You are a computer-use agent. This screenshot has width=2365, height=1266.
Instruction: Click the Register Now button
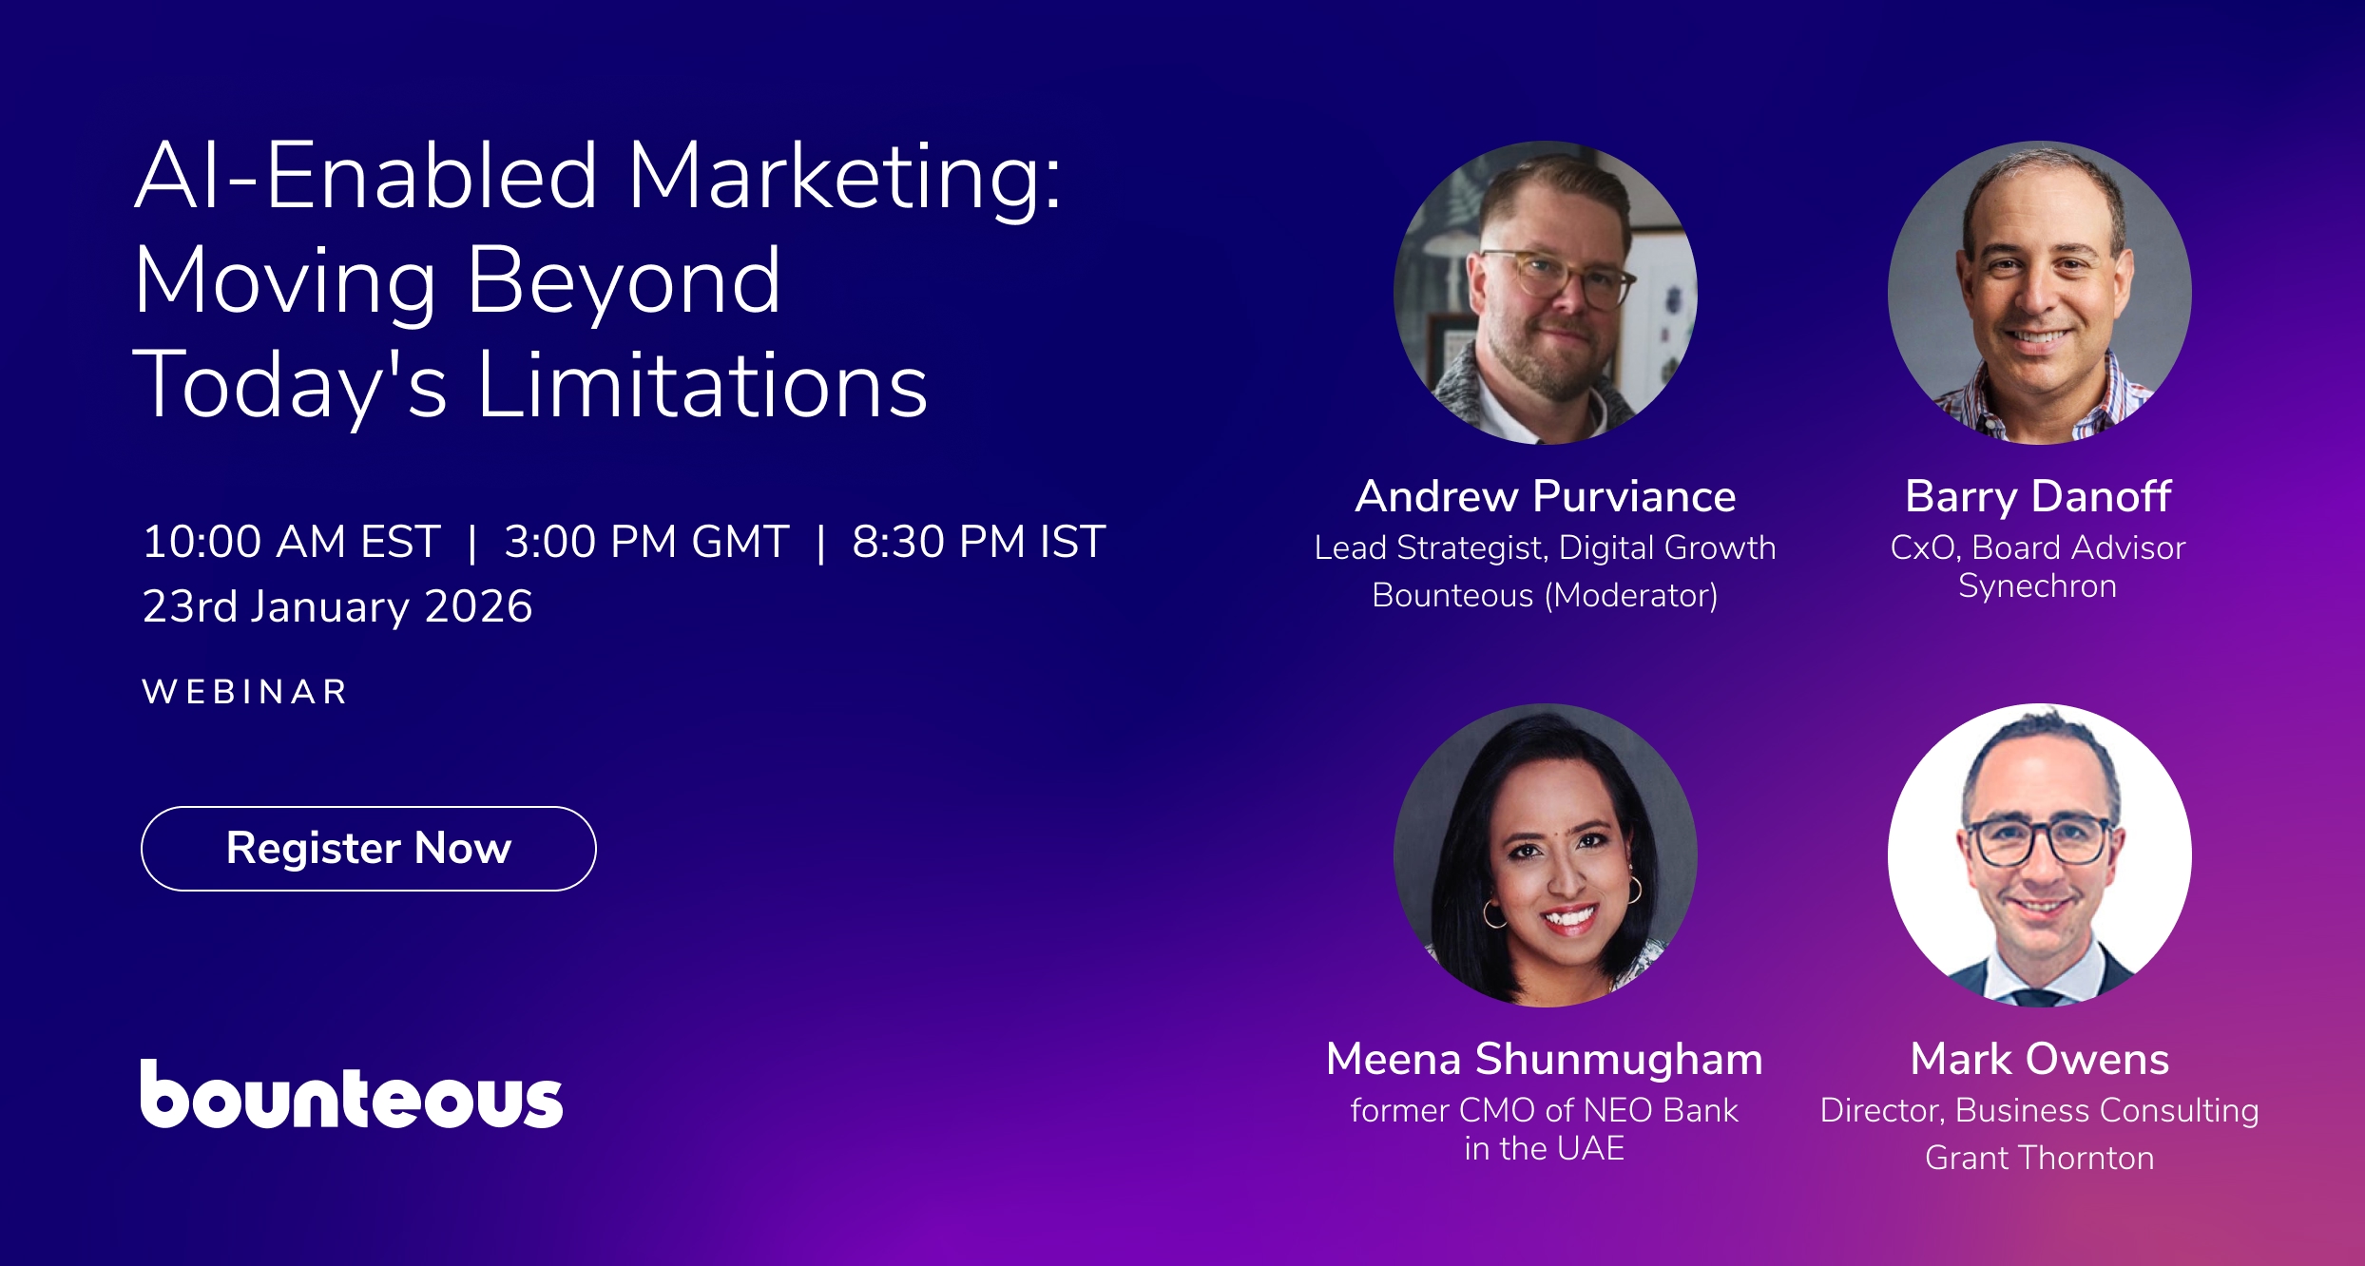click(369, 848)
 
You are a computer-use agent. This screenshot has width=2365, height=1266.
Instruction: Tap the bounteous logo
click(352, 1095)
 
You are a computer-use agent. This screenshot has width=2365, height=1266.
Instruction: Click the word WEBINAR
click(245, 692)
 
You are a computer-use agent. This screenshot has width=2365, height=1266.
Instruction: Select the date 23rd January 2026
click(337, 606)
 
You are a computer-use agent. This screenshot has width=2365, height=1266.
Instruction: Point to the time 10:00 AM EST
click(291, 543)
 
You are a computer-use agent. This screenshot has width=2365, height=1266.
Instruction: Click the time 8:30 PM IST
click(978, 543)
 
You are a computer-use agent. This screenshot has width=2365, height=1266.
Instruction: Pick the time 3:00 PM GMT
click(646, 543)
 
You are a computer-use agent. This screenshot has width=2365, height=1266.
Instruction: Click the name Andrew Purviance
click(1545, 497)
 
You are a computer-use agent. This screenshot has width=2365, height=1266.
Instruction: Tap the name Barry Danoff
click(2038, 497)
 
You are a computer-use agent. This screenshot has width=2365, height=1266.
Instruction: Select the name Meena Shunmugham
click(1545, 1059)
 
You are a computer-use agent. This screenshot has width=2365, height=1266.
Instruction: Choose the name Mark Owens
click(2040, 1059)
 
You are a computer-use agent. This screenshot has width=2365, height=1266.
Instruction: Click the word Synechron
click(2038, 586)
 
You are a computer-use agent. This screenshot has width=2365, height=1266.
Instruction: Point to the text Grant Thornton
click(2040, 1158)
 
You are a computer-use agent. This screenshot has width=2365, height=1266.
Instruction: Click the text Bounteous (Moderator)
click(1545, 595)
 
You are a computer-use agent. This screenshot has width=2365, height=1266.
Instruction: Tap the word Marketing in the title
click(844, 177)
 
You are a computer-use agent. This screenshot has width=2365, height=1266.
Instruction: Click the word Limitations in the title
click(702, 385)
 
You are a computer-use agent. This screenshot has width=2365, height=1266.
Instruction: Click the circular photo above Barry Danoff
click(2040, 293)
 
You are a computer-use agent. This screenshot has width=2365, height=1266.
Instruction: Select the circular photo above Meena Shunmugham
click(1545, 855)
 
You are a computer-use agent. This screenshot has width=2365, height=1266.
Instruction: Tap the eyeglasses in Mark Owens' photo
click(2040, 842)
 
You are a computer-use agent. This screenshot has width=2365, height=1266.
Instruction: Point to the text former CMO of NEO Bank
click(1545, 1110)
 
